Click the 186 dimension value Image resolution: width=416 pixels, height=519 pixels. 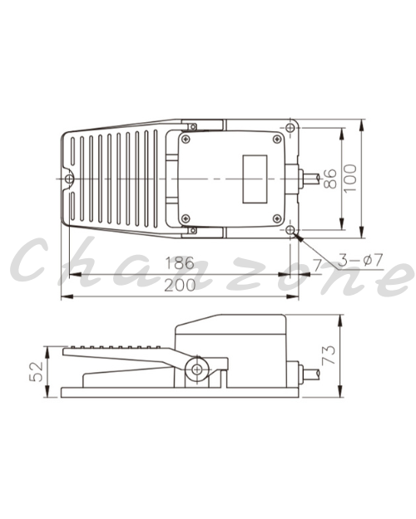(180, 263)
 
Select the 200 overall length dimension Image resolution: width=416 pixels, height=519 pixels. (180, 286)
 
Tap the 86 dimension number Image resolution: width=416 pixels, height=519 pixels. (330, 179)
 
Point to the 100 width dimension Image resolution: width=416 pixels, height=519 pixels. (350, 178)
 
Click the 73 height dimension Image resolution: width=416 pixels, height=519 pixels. (329, 355)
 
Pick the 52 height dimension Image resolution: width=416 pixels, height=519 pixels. (36, 372)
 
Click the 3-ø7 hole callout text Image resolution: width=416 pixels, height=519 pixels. (360, 260)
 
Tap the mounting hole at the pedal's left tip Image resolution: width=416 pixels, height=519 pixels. (69, 179)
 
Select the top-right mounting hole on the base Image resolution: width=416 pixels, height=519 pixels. (290, 128)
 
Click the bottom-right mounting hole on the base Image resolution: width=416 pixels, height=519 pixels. (290, 230)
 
